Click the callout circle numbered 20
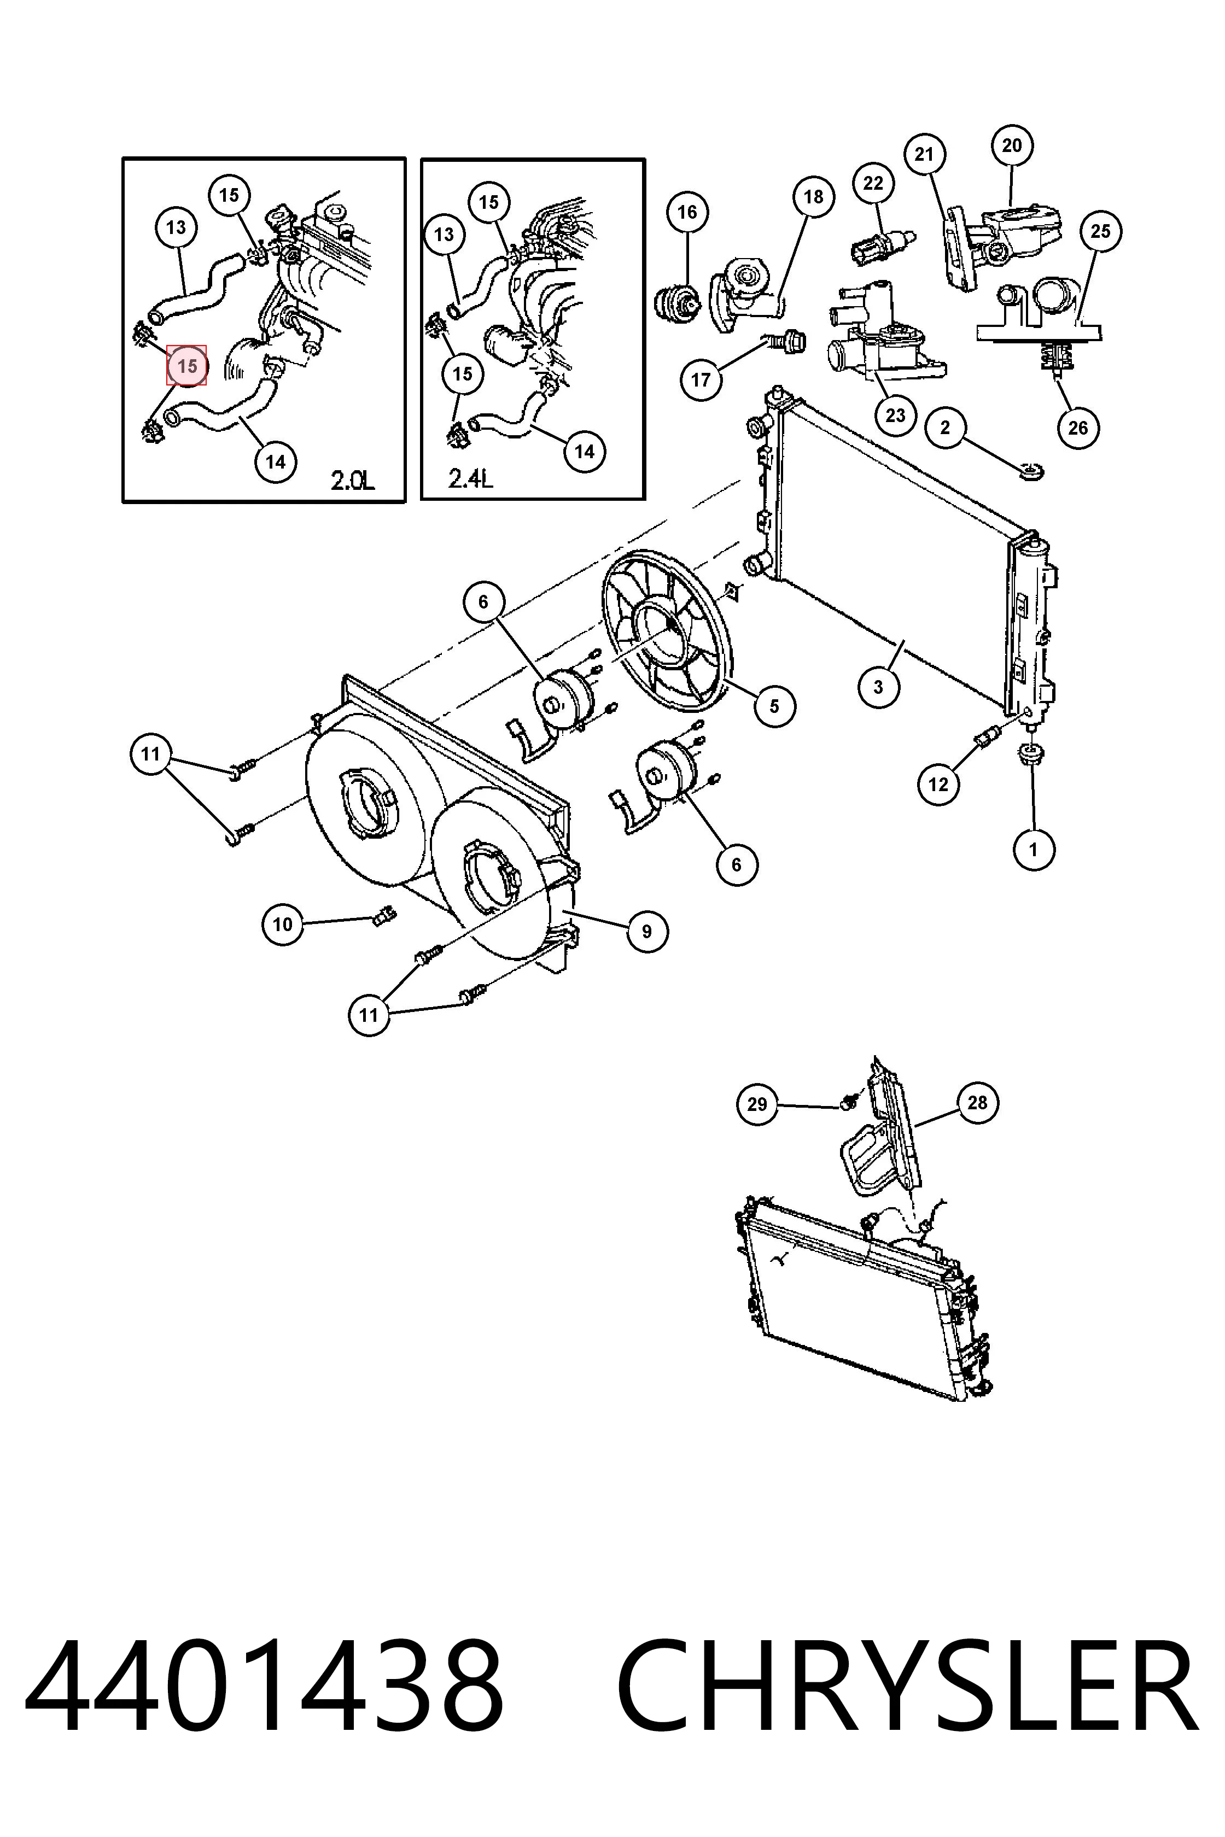[x=1012, y=145]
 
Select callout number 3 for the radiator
[x=878, y=687]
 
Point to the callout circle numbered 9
[x=647, y=931]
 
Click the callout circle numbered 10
[x=282, y=924]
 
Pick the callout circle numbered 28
[x=977, y=1102]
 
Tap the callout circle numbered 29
[x=757, y=1104]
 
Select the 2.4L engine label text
[x=470, y=477]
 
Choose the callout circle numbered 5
[x=774, y=706]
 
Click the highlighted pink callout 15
[x=186, y=366]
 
